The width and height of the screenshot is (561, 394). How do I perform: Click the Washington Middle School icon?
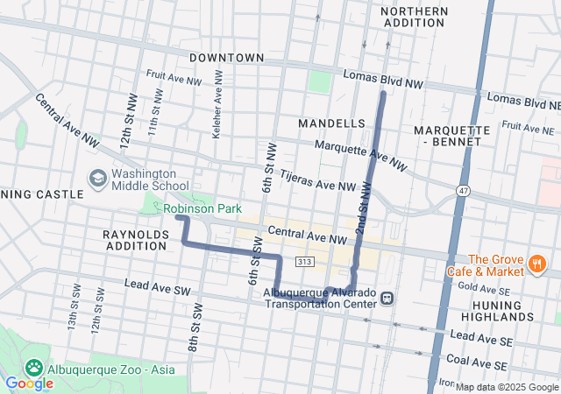(x=98, y=179)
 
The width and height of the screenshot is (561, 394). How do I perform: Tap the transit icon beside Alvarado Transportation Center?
(x=387, y=299)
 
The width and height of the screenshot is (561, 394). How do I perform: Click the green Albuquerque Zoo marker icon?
(x=35, y=369)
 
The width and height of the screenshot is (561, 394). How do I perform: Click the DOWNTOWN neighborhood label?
(x=226, y=58)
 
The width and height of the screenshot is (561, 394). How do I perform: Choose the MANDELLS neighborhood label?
(x=330, y=123)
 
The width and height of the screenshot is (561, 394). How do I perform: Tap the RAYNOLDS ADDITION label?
(x=135, y=241)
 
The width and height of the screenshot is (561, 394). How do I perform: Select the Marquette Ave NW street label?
(x=360, y=155)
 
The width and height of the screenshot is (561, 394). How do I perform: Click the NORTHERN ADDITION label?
(x=415, y=17)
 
